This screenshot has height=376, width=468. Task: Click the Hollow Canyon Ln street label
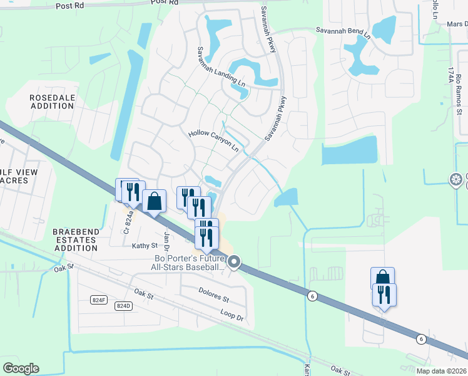coord(213,142)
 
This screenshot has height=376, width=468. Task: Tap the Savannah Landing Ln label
coord(218,70)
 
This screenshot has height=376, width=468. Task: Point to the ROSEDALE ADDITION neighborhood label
coord(51,102)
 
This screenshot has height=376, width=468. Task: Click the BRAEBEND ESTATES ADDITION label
coord(76,240)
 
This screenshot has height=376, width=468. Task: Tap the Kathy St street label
coord(143,246)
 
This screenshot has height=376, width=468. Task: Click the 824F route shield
coord(99,300)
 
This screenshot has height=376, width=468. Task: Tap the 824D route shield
coord(123,306)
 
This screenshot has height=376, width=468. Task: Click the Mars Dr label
coord(457,24)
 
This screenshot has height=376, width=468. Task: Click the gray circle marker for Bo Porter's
coord(234,262)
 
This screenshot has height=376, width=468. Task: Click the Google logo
coord(21,368)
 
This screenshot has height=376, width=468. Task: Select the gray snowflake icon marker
coord(456,180)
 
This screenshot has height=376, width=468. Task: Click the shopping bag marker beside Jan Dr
coord(155,202)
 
